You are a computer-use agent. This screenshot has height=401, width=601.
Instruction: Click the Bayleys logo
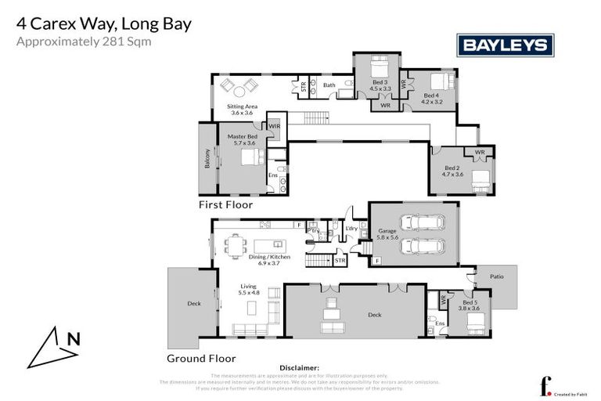click(505, 45)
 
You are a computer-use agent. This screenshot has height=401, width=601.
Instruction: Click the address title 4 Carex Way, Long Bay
click(103, 23)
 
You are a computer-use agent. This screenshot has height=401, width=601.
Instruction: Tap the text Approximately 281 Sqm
click(84, 42)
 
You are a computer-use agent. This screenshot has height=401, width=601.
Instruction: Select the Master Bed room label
click(242, 139)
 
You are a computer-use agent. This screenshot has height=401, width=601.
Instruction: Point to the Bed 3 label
click(380, 85)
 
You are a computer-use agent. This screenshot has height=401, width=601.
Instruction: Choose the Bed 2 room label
click(453, 171)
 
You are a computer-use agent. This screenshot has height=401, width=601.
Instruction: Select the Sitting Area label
click(242, 109)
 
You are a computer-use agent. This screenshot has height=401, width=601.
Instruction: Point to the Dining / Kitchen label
click(264, 259)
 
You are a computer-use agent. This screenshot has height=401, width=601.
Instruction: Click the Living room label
click(248, 294)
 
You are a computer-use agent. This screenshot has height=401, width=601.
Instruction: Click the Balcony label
click(208, 160)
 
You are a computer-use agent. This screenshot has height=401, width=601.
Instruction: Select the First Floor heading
click(226, 204)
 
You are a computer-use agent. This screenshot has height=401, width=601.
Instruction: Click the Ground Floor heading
click(201, 358)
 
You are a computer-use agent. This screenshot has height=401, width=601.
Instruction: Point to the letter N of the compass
click(73, 339)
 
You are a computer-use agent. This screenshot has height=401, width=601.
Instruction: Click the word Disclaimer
click(299, 367)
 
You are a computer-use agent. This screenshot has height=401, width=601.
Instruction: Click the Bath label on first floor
click(329, 85)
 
